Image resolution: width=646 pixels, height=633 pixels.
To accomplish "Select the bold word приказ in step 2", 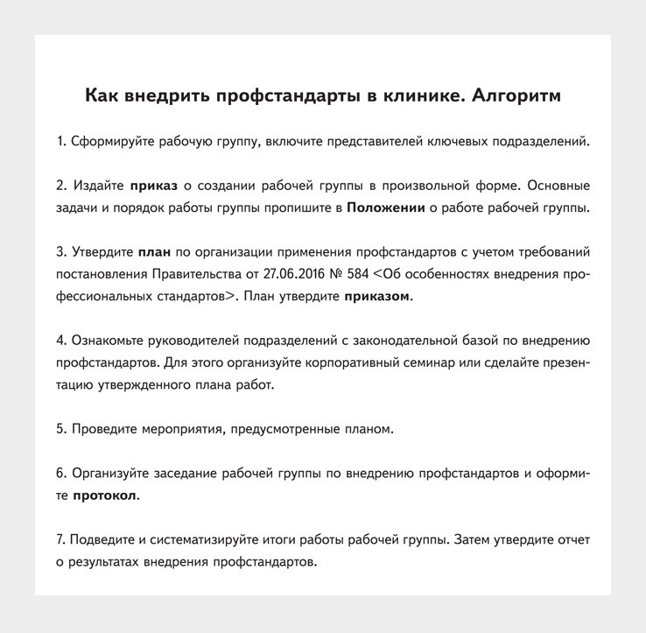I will pyautogui.click(x=154, y=186).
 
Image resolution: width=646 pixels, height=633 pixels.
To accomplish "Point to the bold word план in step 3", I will pyautogui.click(x=155, y=252).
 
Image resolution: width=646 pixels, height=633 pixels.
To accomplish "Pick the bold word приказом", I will pyautogui.click(x=376, y=296).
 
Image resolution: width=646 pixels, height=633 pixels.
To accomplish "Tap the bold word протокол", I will pyautogui.click(x=104, y=496).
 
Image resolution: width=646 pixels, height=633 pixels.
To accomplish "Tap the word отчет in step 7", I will pyautogui.click(x=570, y=539).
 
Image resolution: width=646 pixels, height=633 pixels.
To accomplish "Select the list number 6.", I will pyautogui.click(x=60, y=474).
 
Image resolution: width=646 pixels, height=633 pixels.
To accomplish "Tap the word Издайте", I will pyautogui.click(x=97, y=186).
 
